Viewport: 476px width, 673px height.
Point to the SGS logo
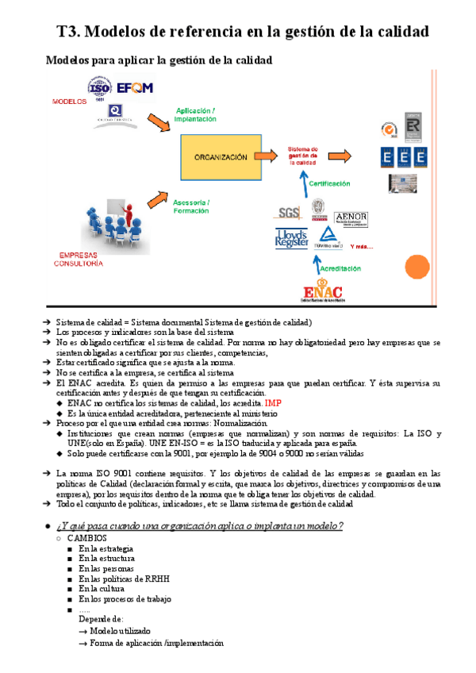coord(287,213)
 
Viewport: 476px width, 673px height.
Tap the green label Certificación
coord(329,183)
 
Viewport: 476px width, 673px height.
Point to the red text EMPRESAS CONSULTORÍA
coord(78,260)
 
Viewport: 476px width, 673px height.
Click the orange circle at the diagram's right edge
coord(416,267)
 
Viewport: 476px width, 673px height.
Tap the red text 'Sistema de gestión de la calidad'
coord(302,156)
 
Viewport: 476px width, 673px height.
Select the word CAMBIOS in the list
coord(85,537)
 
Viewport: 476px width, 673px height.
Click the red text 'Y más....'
coord(363,245)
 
